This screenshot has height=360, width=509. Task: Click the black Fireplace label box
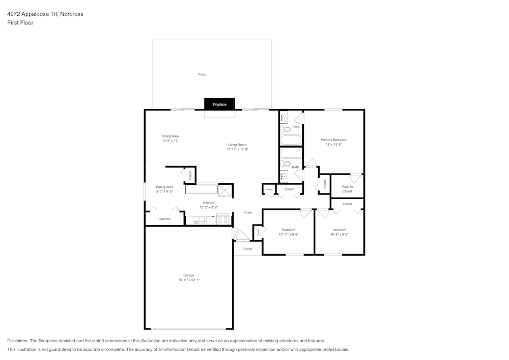(219, 104)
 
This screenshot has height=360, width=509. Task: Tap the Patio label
(202, 74)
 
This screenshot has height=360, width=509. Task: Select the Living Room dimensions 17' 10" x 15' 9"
(237, 149)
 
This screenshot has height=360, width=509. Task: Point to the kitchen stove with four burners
(223, 220)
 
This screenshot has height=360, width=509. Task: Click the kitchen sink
(199, 220)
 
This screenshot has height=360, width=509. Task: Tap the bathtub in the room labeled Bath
(291, 153)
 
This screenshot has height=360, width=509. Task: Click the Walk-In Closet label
(347, 189)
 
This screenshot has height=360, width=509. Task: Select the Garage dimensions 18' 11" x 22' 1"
(189, 280)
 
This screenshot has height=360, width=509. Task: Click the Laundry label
(164, 219)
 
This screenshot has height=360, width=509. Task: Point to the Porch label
(247, 249)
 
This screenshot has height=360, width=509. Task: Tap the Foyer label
(247, 212)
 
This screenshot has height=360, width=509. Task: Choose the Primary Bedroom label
(333, 140)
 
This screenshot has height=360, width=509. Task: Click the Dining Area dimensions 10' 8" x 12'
(170, 141)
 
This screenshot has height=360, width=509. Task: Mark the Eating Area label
(164, 187)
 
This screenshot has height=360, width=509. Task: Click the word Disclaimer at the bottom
(18, 341)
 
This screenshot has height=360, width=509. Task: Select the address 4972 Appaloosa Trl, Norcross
(45, 14)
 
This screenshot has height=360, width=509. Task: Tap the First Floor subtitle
(20, 23)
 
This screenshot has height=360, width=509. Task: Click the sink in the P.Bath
(285, 118)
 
